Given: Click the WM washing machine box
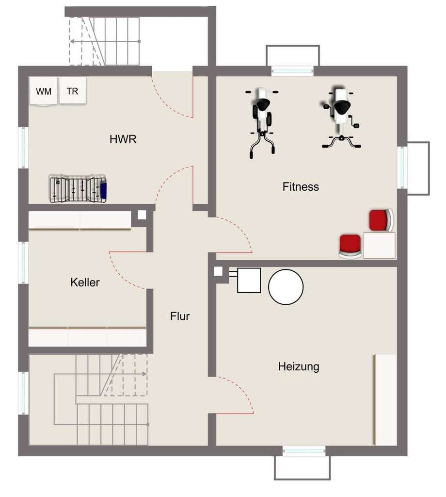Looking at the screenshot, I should coord(44,91).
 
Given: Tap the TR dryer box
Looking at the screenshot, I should coord(73,91).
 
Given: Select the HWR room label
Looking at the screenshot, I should coord(123,140).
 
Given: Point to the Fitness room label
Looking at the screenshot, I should coord(301,186).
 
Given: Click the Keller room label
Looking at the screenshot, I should coord(85,282).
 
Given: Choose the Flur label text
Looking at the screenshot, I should coord(180,316).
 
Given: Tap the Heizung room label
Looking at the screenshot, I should coord(299,366).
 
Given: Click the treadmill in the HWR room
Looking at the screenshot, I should coord(78,189).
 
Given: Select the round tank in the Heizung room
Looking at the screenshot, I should coord(286,286).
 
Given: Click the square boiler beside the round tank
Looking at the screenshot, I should coord(249,280).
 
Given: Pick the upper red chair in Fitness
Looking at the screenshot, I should coord(381,220).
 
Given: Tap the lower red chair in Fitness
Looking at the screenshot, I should coord(350,245).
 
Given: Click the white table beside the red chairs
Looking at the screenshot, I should coord(379,245).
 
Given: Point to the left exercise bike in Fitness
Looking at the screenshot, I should coord(262,121).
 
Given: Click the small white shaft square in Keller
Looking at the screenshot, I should coord(142,215).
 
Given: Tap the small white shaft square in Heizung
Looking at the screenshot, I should coord(218,271).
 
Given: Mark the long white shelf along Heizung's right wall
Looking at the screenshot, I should coord(386,399).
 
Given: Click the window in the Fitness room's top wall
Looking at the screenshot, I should coord(292,71).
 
